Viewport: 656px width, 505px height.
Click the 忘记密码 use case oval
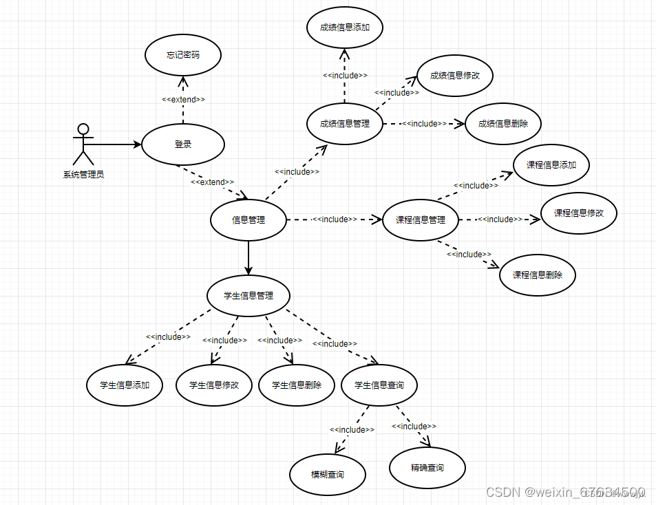point(182,54)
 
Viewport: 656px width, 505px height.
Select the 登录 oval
point(182,144)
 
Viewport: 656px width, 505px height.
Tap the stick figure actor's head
point(83,129)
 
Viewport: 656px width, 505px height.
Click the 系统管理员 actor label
point(83,175)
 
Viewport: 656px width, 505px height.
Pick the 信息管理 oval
point(248,220)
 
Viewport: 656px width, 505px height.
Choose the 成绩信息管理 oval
point(344,124)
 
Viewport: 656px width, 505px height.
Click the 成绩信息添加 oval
point(344,28)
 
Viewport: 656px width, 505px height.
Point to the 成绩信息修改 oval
point(454,76)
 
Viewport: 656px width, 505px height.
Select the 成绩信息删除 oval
point(502,124)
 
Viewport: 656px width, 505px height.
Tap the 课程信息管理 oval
point(420,220)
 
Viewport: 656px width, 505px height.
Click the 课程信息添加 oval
point(551,165)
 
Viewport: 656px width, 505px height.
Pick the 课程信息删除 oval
point(537,275)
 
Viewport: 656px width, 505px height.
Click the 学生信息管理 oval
point(248,296)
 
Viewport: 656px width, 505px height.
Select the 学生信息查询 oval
point(379,385)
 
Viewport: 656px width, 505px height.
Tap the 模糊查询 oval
point(327,475)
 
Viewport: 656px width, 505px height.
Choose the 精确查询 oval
point(427,468)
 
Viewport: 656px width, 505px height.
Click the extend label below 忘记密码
point(183,99)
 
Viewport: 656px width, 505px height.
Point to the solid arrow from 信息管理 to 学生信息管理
point(248,258)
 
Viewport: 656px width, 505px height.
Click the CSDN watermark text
point(564,493)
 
